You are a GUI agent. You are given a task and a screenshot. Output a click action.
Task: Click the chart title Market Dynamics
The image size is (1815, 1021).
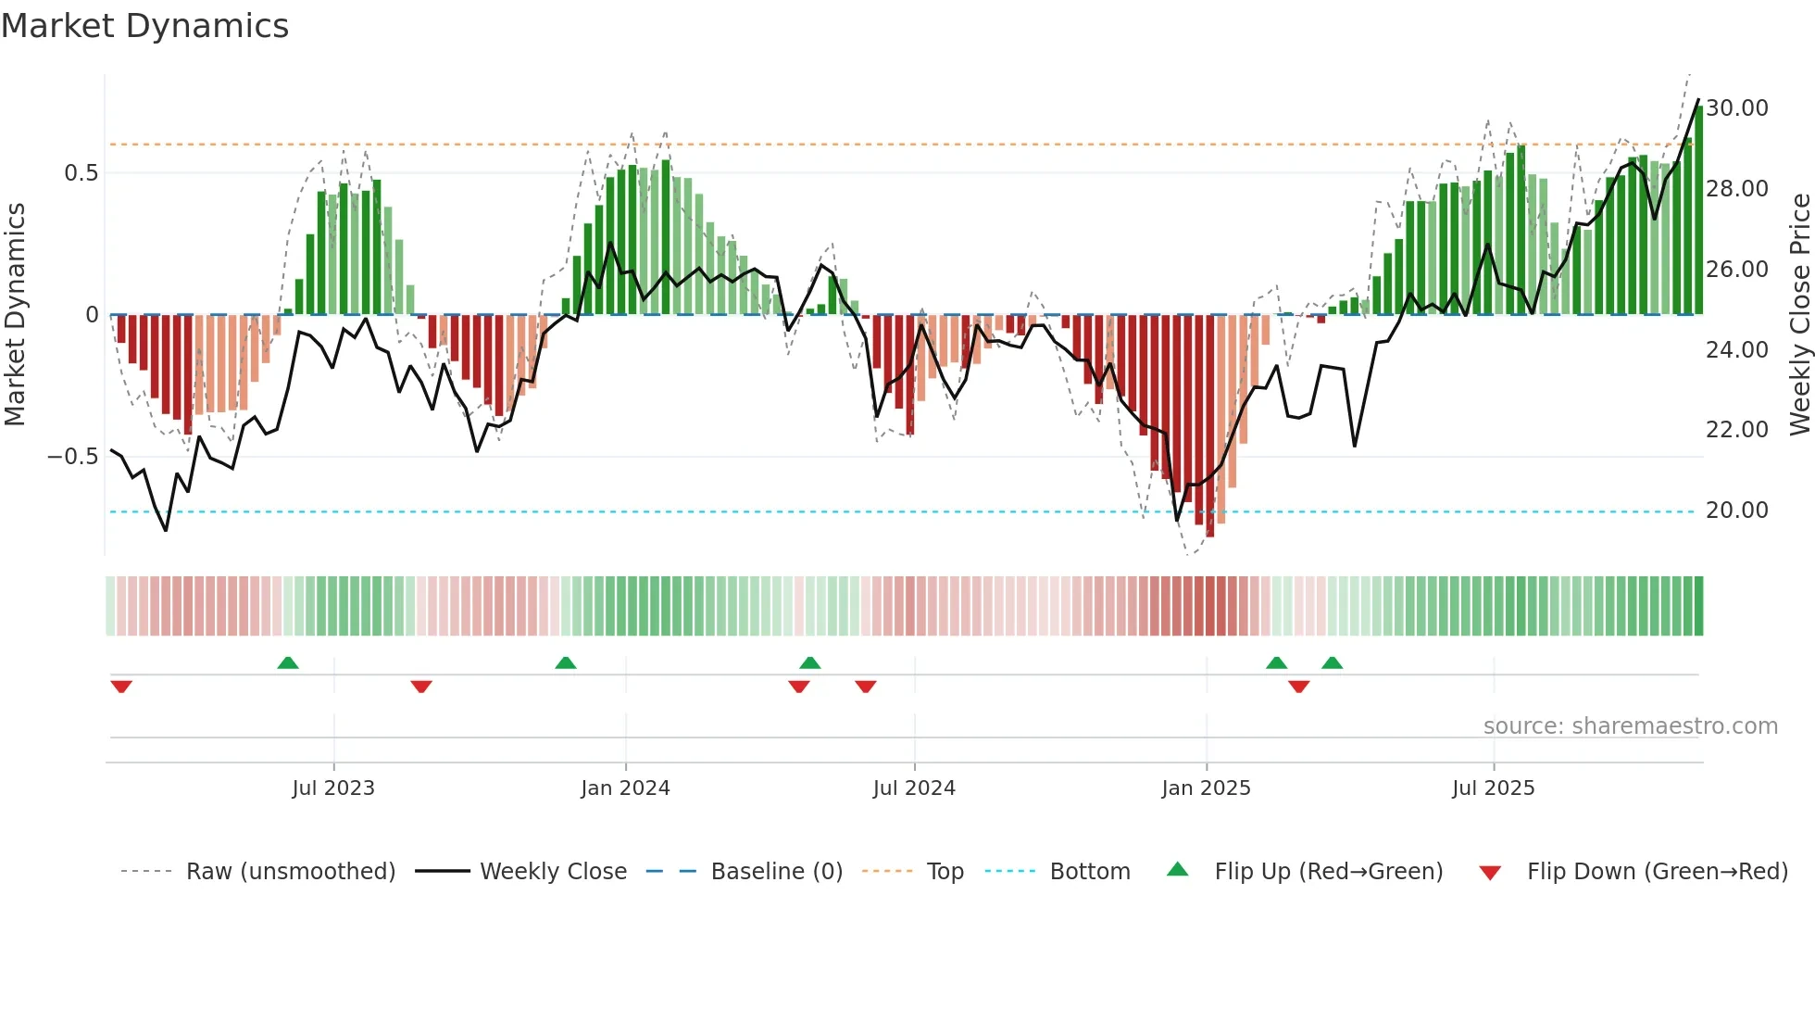click(144, 26)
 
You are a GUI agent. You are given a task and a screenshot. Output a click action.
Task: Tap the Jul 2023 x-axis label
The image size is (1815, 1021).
click(333, 788)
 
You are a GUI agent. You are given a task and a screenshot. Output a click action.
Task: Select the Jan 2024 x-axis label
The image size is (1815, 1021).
click(625, 788)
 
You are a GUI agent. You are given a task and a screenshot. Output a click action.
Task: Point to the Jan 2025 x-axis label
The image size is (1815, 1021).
click(1206, 788)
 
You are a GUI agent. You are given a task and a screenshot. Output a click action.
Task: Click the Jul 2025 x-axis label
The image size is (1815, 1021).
click(1493, 788)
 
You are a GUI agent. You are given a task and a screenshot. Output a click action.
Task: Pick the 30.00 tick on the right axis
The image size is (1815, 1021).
click(1737, 108)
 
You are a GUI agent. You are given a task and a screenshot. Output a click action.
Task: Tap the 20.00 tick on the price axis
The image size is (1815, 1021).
click(1737, 510)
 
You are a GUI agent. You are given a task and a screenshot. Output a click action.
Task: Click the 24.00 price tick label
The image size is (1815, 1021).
click(1737, 350)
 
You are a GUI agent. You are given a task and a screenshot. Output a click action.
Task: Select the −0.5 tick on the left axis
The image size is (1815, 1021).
click(72, 457)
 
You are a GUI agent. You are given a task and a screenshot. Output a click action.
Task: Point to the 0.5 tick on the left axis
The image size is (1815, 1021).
click(81, 173)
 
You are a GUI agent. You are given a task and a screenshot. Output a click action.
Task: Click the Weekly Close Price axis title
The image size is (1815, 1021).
click(1799, 315)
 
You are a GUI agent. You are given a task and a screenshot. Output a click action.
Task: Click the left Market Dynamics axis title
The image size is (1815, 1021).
click(15, 315)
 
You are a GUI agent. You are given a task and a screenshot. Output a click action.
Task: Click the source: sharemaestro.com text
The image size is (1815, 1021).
click(1630, 726)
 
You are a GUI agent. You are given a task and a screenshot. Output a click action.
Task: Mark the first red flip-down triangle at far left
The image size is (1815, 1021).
click(121, 686)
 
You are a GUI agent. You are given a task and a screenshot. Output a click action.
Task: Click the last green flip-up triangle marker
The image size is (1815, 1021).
click(1332, 662)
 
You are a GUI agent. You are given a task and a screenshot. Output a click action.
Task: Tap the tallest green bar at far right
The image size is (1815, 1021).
click(1698, 213)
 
